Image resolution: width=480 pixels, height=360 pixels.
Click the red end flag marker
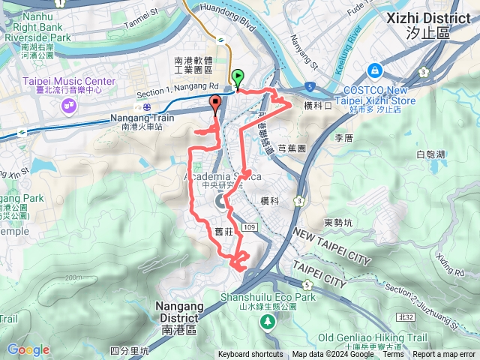[x=216, y=106]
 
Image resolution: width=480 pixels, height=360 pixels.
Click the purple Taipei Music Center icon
[x=70, y=105]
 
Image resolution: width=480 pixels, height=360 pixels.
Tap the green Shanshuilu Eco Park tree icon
[x=267, y=321]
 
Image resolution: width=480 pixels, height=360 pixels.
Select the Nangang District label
[x=179, y=312]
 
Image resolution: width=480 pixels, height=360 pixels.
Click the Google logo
[x=28, y=349]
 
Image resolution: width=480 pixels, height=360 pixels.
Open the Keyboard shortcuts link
[x=250, y=355]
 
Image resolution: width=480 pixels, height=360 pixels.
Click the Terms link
[x=393, y=355]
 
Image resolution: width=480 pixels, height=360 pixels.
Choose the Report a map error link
[x=444, y=355]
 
